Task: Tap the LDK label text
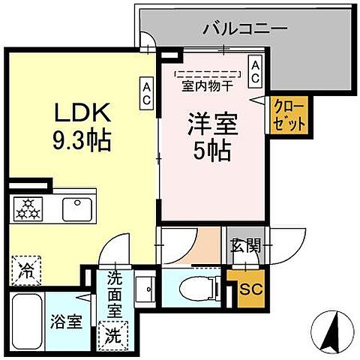[x=82, y=114]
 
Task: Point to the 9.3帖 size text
[x=82, y=139]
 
